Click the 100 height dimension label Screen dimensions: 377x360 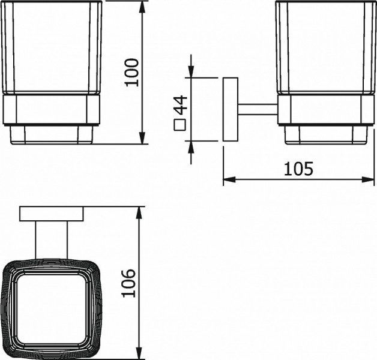pyautogui.click(x=132, y=73)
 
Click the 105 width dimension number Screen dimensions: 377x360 pyautogui.click(x=298, y=169)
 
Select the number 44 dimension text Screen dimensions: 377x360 pyautogui.click(x=180, y=105)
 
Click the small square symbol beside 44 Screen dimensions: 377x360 pyautogui.click(x=180, y=125)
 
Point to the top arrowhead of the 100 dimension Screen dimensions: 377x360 pyautogui.click(x=142, y=7)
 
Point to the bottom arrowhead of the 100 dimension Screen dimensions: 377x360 pyautogui.click(x=142, y=138)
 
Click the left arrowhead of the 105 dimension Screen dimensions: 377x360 pyautogui.click(x=229, y=179)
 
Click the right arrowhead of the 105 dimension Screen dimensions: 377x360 pyautogui.click(x=368, y=179)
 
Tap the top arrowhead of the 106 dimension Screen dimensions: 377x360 pyautogui.click(x=139, y=212)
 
